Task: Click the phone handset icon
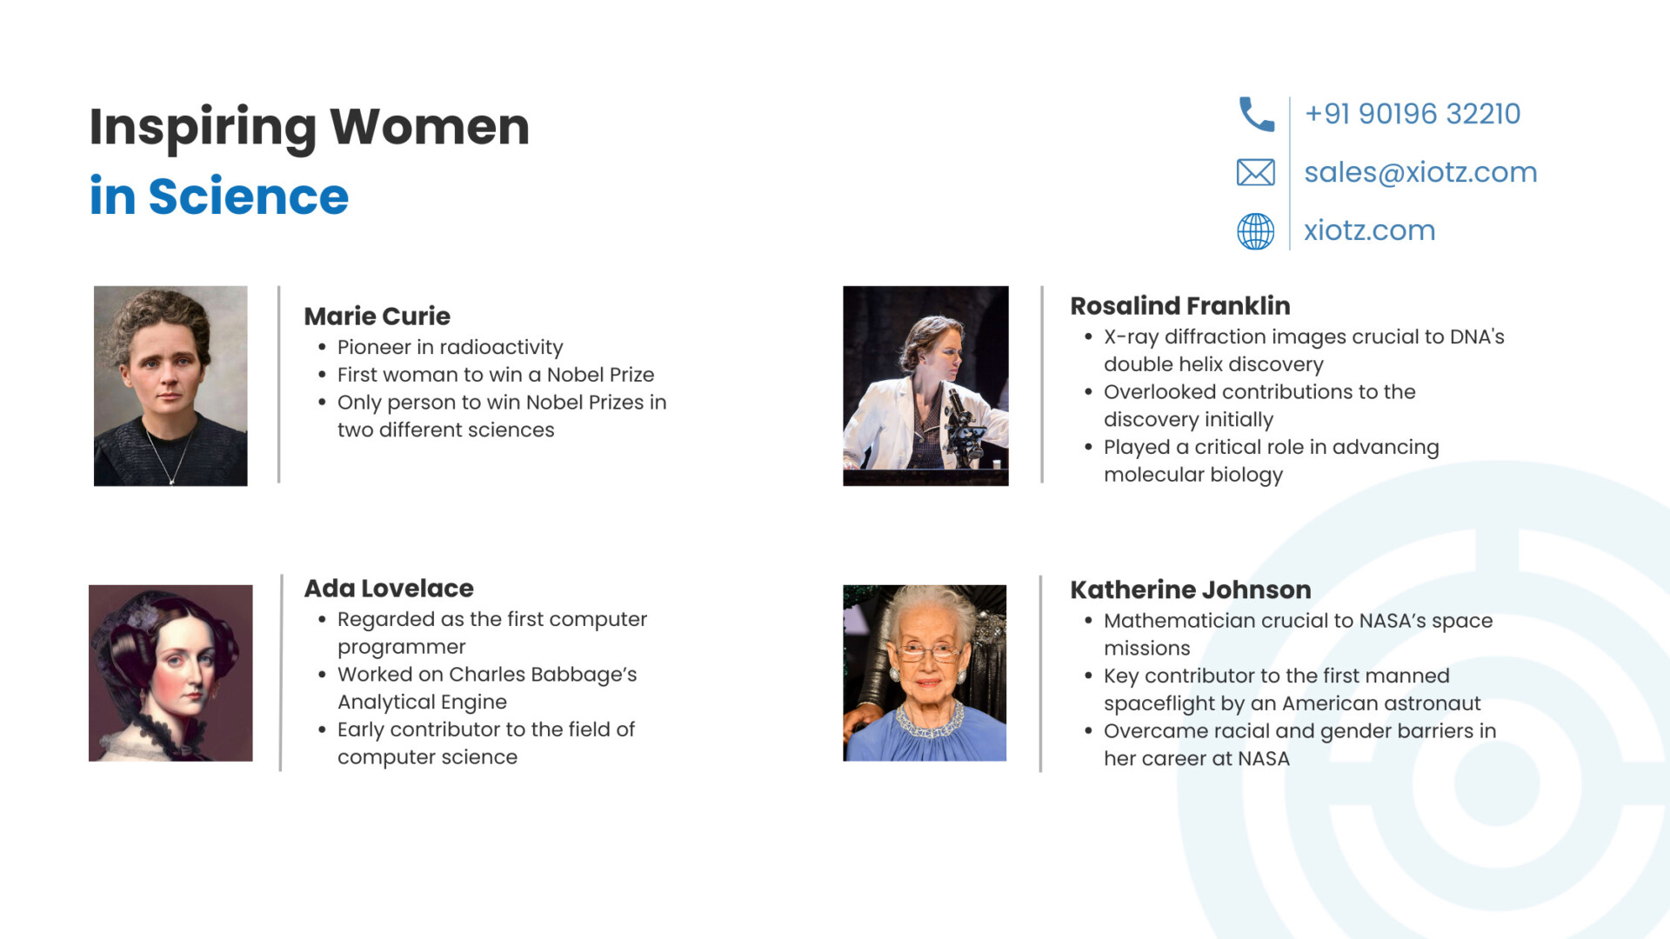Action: click(x=1256, y=114)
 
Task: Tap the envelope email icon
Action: click(x=1256, y=172)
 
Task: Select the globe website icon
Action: click(x=1256, y=231)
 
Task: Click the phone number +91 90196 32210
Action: click(x=1413, y=114)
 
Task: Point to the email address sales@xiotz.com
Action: click(x=1420, y=172)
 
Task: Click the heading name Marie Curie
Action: click(x=377, y=316)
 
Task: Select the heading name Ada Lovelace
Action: click(x=389, y=588)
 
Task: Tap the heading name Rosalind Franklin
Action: click(x=1180, y=305)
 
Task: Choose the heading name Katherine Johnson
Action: click(x=1191, y=589)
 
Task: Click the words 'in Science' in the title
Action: click(x=219, y=196)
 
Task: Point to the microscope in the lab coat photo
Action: click(x=964, y=426)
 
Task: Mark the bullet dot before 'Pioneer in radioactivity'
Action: click(x=322, y=348)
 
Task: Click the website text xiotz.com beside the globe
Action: click(x=1369, y=230)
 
